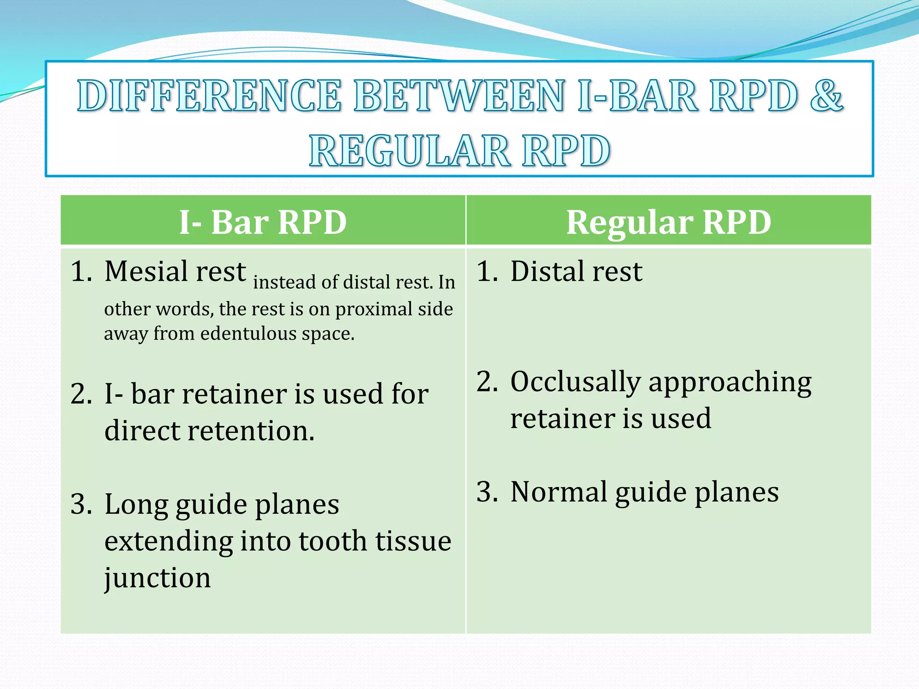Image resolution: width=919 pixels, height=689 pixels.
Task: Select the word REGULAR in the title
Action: pos(409,151)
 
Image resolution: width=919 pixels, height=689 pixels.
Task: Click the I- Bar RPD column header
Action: pos(263,222)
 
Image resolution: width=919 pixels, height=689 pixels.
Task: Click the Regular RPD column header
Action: pos(669,222)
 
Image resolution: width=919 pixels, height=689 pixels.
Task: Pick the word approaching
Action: pos(730,383)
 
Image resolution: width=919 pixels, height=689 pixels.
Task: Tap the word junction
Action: pos(157,578)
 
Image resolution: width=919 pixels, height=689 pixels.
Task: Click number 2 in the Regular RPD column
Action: pos(487,382)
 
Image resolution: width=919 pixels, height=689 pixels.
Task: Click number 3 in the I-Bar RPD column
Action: pos(82,504)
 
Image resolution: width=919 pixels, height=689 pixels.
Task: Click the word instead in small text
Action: pos(285,283)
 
